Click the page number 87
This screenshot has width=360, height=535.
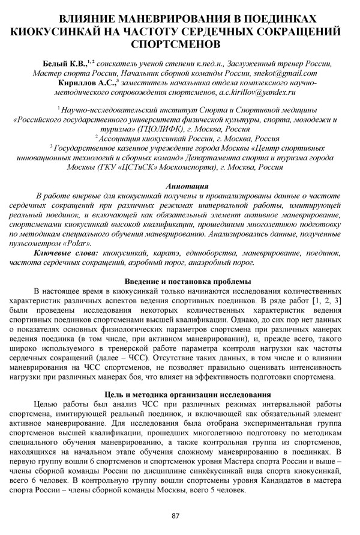(176, 516)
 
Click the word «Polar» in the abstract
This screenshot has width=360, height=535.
(76, 261)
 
